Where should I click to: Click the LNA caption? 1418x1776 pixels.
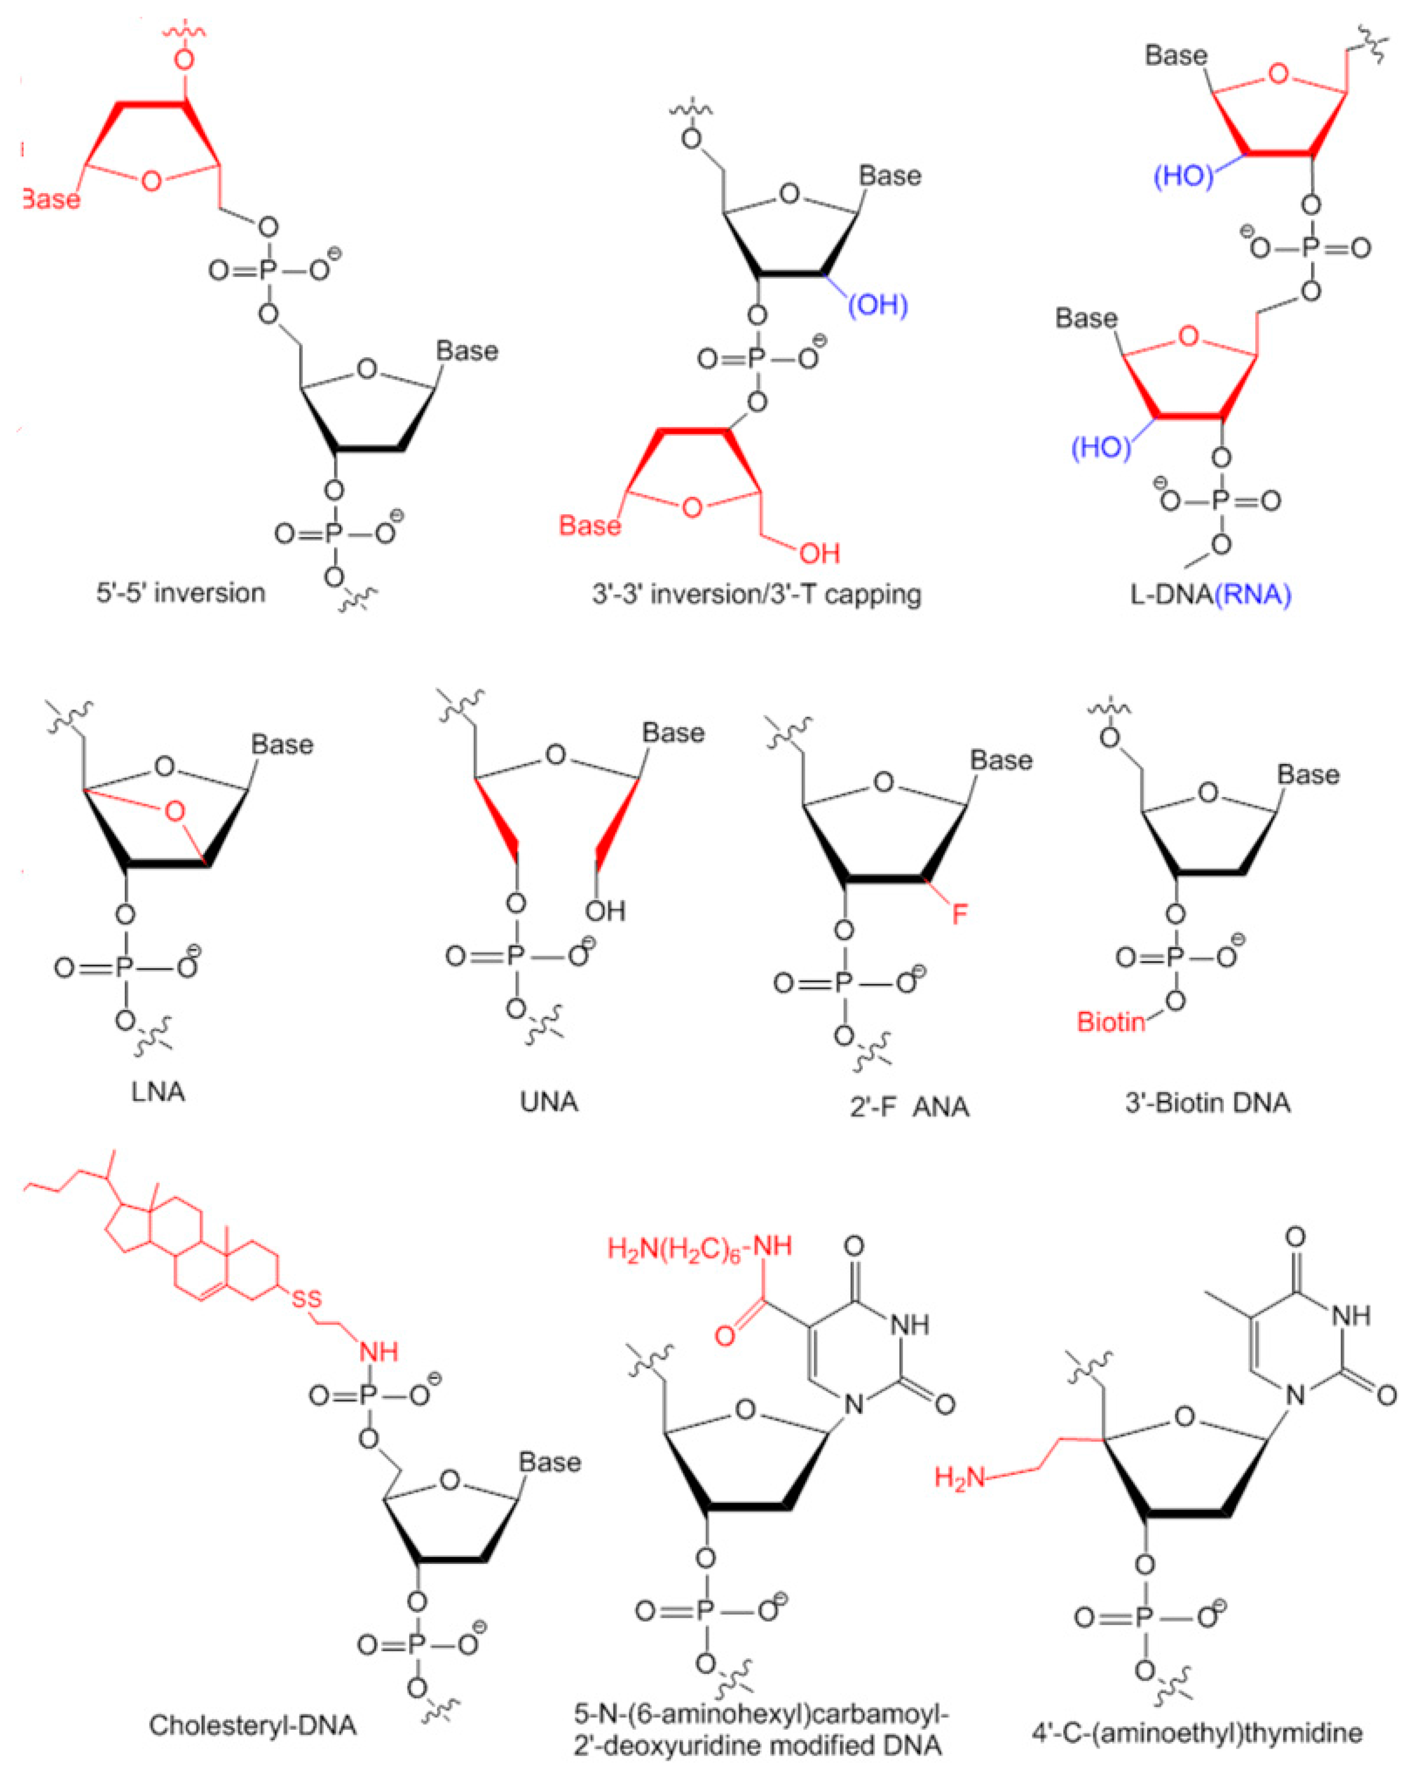(x=158, y=1092)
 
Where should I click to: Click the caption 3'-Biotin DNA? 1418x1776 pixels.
(x=1208, y=1102)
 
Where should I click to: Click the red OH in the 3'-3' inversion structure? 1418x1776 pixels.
(x=820, y=553)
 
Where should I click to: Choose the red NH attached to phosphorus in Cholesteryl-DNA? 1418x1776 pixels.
(x=379, y=1352)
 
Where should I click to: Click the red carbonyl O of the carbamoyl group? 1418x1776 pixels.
(x=725, y=1335)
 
